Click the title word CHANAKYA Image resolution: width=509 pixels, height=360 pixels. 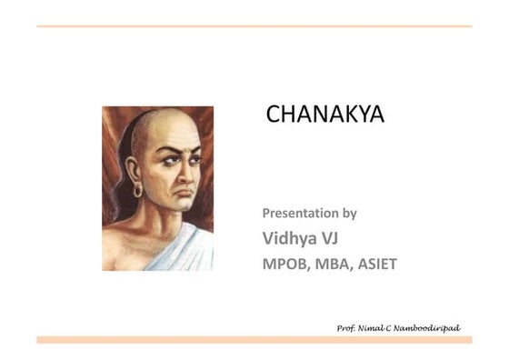pyautogui.click(x=324, y=115)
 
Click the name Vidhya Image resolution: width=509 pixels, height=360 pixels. pyautogui.click(x=285, y=238)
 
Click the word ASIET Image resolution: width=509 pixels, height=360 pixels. pyautogui.click(x=379, y=264)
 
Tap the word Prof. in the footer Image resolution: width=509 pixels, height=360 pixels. pyautogui.click(x=346, y=327)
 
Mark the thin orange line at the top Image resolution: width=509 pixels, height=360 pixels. pyautogui.click(x=254, y=26)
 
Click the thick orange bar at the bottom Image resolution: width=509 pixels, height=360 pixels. pyautogui.click(x=254, y=339)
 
